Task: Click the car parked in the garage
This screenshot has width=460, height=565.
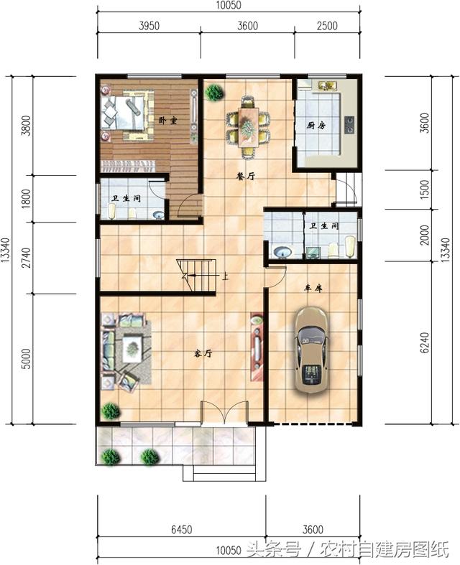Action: point(310,350)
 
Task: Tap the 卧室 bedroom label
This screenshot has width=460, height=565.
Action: point(167,121)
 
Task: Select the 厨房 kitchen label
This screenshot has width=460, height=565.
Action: point(316,126)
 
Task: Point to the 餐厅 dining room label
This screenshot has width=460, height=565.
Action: point(246,176)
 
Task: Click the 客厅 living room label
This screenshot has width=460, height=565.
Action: point(203,353)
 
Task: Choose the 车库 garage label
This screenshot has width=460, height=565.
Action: point(313,288)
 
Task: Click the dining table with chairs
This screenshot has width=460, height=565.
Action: point(248,127)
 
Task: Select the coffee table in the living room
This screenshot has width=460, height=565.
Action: point(132,348)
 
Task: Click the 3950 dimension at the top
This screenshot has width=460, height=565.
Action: point(149,26)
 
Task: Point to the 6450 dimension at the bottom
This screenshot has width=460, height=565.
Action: point(181,530)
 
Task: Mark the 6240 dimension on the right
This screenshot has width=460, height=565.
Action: point(425,342)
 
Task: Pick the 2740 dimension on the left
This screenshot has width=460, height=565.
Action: point(27,258)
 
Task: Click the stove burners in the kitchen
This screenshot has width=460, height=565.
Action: point(349,125)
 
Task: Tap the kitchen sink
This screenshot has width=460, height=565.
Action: point(327,85)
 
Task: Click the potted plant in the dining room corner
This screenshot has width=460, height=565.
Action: point(214,92)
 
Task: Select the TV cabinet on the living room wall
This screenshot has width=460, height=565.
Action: point(257,347)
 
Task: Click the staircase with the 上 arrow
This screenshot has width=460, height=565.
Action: point(196,276)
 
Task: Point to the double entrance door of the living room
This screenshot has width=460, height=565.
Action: point(224,413)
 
